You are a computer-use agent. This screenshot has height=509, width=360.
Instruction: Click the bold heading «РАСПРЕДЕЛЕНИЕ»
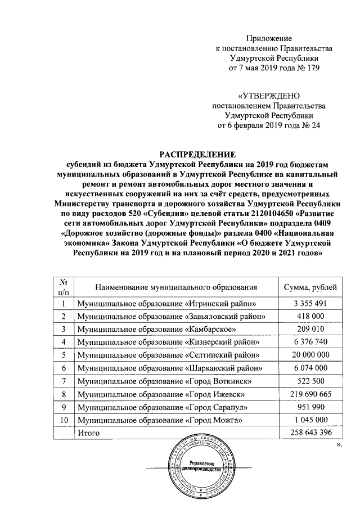tap(197, 154)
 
